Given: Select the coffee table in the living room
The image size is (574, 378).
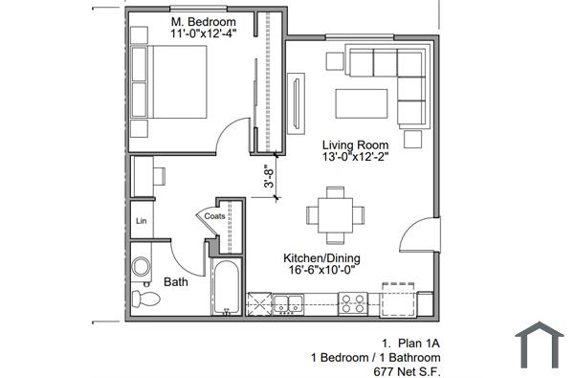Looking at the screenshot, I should [360, 102].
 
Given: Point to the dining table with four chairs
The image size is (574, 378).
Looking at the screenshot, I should [334, 216].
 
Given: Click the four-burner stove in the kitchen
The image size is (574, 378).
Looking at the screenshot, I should [353, 304].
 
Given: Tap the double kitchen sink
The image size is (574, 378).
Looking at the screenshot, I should [287, 305].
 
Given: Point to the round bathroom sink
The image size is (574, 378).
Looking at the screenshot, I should [142, 268].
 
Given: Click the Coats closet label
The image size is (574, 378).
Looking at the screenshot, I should [215, 217].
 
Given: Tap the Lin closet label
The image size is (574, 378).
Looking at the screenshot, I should [141, 221].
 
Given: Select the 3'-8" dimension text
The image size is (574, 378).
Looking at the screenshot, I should [270, 180].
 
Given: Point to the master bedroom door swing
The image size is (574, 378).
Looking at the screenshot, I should [237, 138].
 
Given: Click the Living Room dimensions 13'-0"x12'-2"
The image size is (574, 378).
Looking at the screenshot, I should [355, 159].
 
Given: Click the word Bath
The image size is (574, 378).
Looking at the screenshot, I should [175, 282].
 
